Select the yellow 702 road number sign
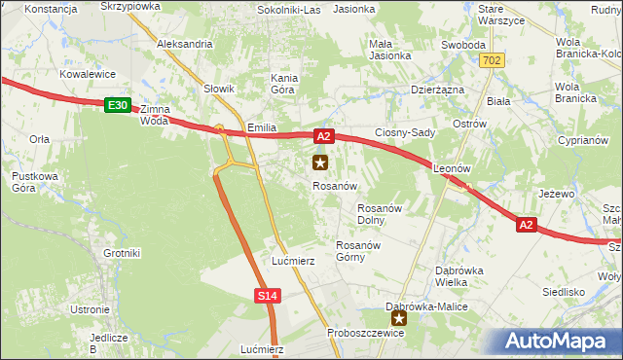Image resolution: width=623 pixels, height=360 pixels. tap(492, 60)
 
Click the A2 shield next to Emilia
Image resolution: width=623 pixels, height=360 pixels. tap(324, 137)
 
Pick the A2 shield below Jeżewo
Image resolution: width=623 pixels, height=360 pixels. tap(526, 225)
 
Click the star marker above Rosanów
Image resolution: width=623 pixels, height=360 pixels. tap(319, 163)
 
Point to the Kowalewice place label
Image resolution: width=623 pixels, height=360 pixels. tap(88, 74)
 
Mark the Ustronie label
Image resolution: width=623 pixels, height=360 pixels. tap(90, 309)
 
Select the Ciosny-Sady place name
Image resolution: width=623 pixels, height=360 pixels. tap(404, 132)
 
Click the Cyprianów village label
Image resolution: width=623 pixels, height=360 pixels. tap(581, 140)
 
